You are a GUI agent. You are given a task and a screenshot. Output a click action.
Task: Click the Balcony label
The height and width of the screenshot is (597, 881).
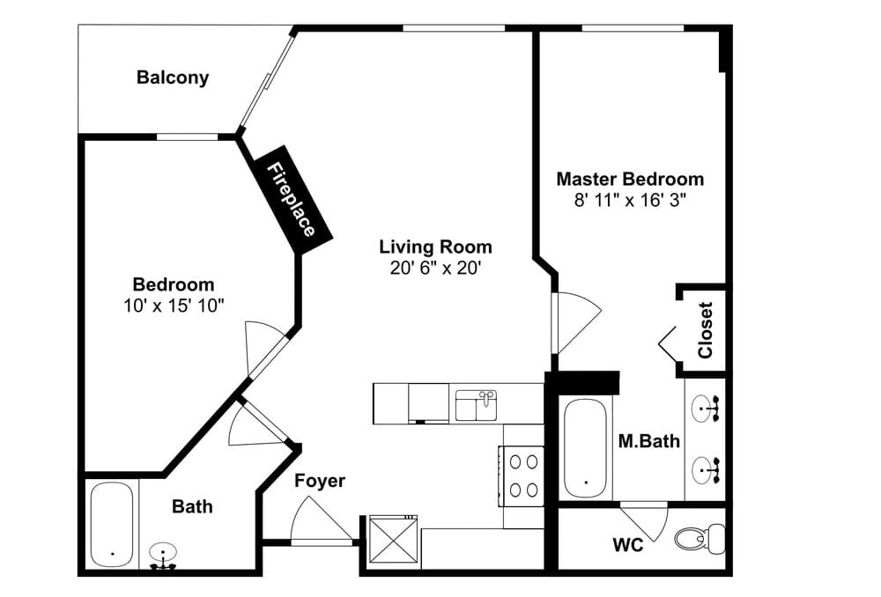tap(173, 77)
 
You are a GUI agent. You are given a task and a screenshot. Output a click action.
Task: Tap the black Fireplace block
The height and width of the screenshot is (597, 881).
tap(292, 200)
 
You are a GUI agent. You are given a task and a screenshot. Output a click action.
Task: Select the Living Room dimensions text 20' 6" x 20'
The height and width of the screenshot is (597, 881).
tap(435, 268)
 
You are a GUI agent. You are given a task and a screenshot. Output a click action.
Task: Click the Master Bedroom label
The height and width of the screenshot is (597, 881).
tap(629, 179)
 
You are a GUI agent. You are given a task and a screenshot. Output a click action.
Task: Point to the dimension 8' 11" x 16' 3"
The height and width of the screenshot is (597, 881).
tap(629, 200)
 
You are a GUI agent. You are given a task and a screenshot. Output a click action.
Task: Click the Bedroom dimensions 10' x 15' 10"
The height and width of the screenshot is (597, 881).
tap(174, 306)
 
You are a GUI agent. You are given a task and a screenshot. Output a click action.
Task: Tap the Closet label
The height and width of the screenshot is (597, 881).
tap(705, 330)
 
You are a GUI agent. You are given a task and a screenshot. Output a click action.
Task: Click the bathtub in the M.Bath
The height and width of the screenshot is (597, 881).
tap(584, 448)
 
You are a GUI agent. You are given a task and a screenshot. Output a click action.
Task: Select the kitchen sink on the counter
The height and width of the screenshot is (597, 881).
tap(476, 405)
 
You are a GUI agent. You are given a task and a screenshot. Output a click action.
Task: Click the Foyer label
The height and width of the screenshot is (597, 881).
tap(320, 481)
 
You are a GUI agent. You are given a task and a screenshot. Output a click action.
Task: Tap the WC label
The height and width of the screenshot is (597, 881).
tap(628, 545)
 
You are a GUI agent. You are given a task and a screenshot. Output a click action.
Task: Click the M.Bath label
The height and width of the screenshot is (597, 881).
tap(648, 441)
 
